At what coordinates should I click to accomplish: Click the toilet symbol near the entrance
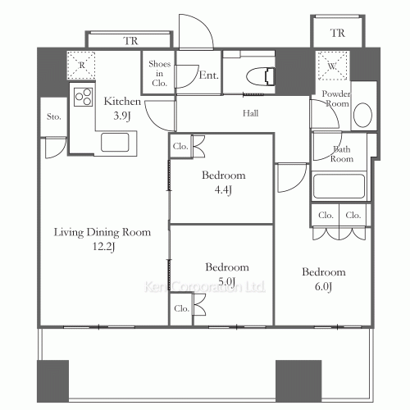261,76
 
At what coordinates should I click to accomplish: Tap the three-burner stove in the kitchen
84,97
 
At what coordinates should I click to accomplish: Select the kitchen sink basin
115,142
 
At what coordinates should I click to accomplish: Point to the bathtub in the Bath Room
339,186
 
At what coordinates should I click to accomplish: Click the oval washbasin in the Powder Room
362,115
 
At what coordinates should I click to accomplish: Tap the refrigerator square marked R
81,66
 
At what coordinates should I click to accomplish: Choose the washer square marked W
332,66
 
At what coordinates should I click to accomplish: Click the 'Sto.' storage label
53,116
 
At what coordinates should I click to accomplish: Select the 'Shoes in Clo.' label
159,73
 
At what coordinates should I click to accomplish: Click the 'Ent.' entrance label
209,75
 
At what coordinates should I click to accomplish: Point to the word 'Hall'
250,113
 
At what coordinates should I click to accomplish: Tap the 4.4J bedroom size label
223,189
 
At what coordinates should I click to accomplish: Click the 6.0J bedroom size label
323,286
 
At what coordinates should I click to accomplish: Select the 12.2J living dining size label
103,247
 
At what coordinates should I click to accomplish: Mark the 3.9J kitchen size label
122,116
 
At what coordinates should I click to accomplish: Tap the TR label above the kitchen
130,41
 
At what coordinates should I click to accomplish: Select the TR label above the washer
338,33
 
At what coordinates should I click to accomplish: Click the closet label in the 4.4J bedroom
180,146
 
